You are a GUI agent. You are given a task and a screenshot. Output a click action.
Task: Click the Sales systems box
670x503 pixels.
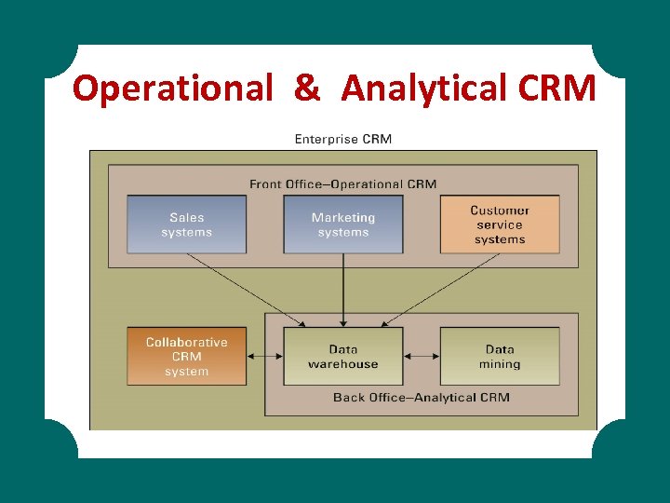[186, 224]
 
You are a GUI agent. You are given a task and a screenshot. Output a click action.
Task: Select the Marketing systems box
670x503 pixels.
[343, 224]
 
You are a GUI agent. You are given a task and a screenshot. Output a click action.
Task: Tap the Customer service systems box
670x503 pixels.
[500, 224]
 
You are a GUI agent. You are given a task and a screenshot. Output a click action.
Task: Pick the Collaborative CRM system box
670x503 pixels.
[186, 356]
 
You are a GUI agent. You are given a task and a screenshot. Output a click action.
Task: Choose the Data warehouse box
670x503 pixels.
[343, 356]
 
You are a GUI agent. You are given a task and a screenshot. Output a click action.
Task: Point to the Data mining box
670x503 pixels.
[500, 356]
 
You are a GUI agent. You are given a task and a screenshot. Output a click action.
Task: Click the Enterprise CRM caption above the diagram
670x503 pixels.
[343, 140]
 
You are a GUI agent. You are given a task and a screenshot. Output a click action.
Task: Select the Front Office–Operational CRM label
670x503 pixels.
[342, 184]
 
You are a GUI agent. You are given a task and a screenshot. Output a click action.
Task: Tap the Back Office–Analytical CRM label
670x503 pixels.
[422, 397]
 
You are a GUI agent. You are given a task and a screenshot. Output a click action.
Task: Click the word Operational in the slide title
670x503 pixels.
[173, 88]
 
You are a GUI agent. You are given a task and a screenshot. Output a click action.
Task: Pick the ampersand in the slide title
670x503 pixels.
[307, 88]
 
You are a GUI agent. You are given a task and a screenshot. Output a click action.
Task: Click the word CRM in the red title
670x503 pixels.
[556, 88]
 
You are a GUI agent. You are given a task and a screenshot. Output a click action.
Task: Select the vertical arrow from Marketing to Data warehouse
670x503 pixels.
[343, 289]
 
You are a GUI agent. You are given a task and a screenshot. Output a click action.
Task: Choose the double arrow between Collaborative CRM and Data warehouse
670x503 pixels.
[265, 356]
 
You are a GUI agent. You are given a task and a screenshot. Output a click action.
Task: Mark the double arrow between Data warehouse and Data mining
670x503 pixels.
[422, 356]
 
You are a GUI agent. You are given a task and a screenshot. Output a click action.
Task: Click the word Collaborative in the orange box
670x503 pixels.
[186, 342]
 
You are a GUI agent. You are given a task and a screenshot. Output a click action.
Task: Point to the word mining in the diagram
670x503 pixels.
[500, 364]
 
